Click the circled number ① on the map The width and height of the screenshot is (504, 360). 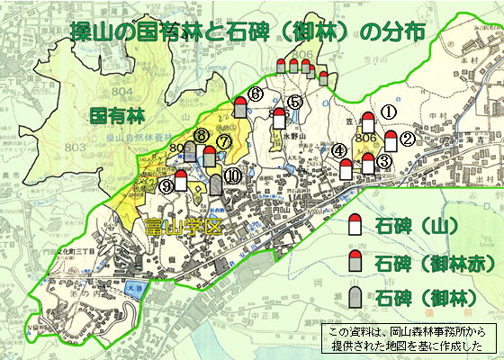coord(389,111)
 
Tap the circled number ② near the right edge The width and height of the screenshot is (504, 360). coord(407,139)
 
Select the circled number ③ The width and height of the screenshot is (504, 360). coord(383,161)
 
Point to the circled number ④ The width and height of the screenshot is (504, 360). coord(338,151)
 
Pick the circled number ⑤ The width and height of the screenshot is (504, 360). coord(295,103)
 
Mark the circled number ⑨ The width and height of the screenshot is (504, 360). coord(166,186)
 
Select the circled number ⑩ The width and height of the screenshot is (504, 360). coord(233,176)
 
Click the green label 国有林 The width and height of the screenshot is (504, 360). coord(114,116)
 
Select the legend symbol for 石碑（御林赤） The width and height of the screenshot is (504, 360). coord(355,262)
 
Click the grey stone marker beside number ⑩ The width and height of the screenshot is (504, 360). coord(216,185)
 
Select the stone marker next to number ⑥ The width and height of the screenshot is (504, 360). coord(240,108)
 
